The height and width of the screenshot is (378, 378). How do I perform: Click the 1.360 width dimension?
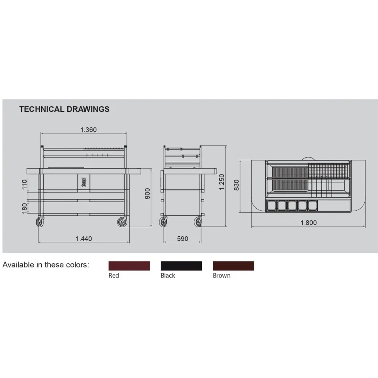click(x=88, y=130)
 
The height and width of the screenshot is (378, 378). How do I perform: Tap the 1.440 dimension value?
click(x=84, y=239)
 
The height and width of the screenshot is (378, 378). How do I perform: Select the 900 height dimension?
click(x=147, y=194)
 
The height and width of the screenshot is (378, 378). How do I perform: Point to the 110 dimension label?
click(x=25, y=184)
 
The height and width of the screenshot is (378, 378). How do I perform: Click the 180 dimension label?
click(x=25, y=208)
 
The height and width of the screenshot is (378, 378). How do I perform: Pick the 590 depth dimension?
click(x=183, y=239)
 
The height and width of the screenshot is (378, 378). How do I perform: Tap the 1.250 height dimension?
click(x=222, y=182)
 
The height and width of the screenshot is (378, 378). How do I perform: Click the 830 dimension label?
click(x=237, y=185)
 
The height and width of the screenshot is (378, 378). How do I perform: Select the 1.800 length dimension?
click(x=308, y=223)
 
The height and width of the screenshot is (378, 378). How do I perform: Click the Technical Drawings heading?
click(x=64, y=109)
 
